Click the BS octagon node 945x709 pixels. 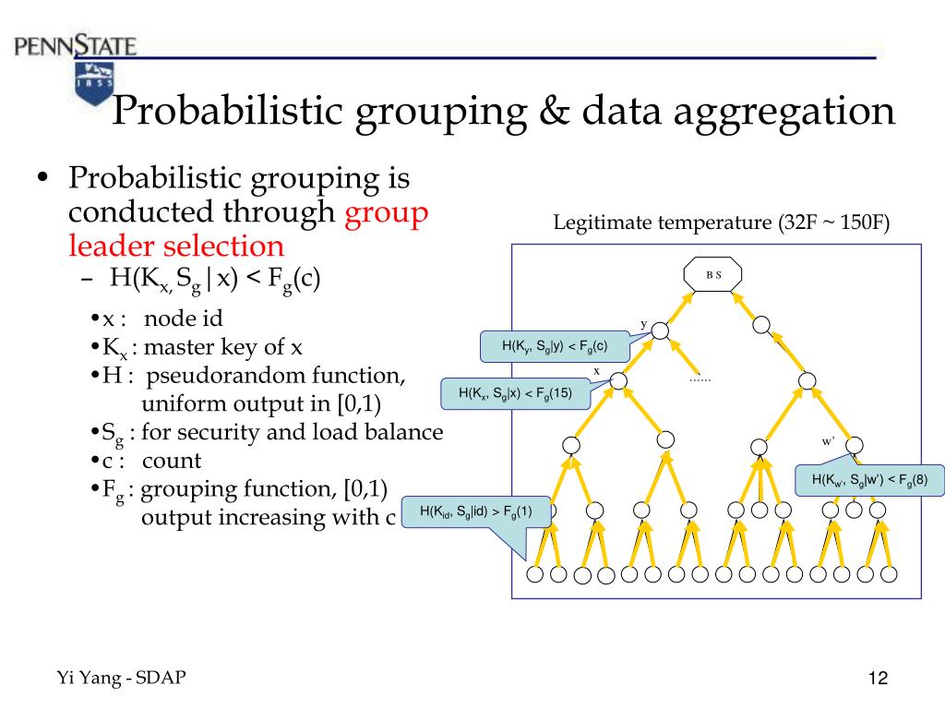712,274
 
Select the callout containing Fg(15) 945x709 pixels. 515,394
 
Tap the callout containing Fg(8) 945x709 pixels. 869,479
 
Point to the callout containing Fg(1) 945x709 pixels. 475,511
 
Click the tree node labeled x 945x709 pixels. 619,380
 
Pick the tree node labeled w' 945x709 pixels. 854,444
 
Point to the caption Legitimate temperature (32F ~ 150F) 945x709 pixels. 721,223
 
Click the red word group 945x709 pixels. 386,212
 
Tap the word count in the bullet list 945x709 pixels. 172,460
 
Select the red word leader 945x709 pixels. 112,246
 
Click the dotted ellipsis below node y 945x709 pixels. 700,379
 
